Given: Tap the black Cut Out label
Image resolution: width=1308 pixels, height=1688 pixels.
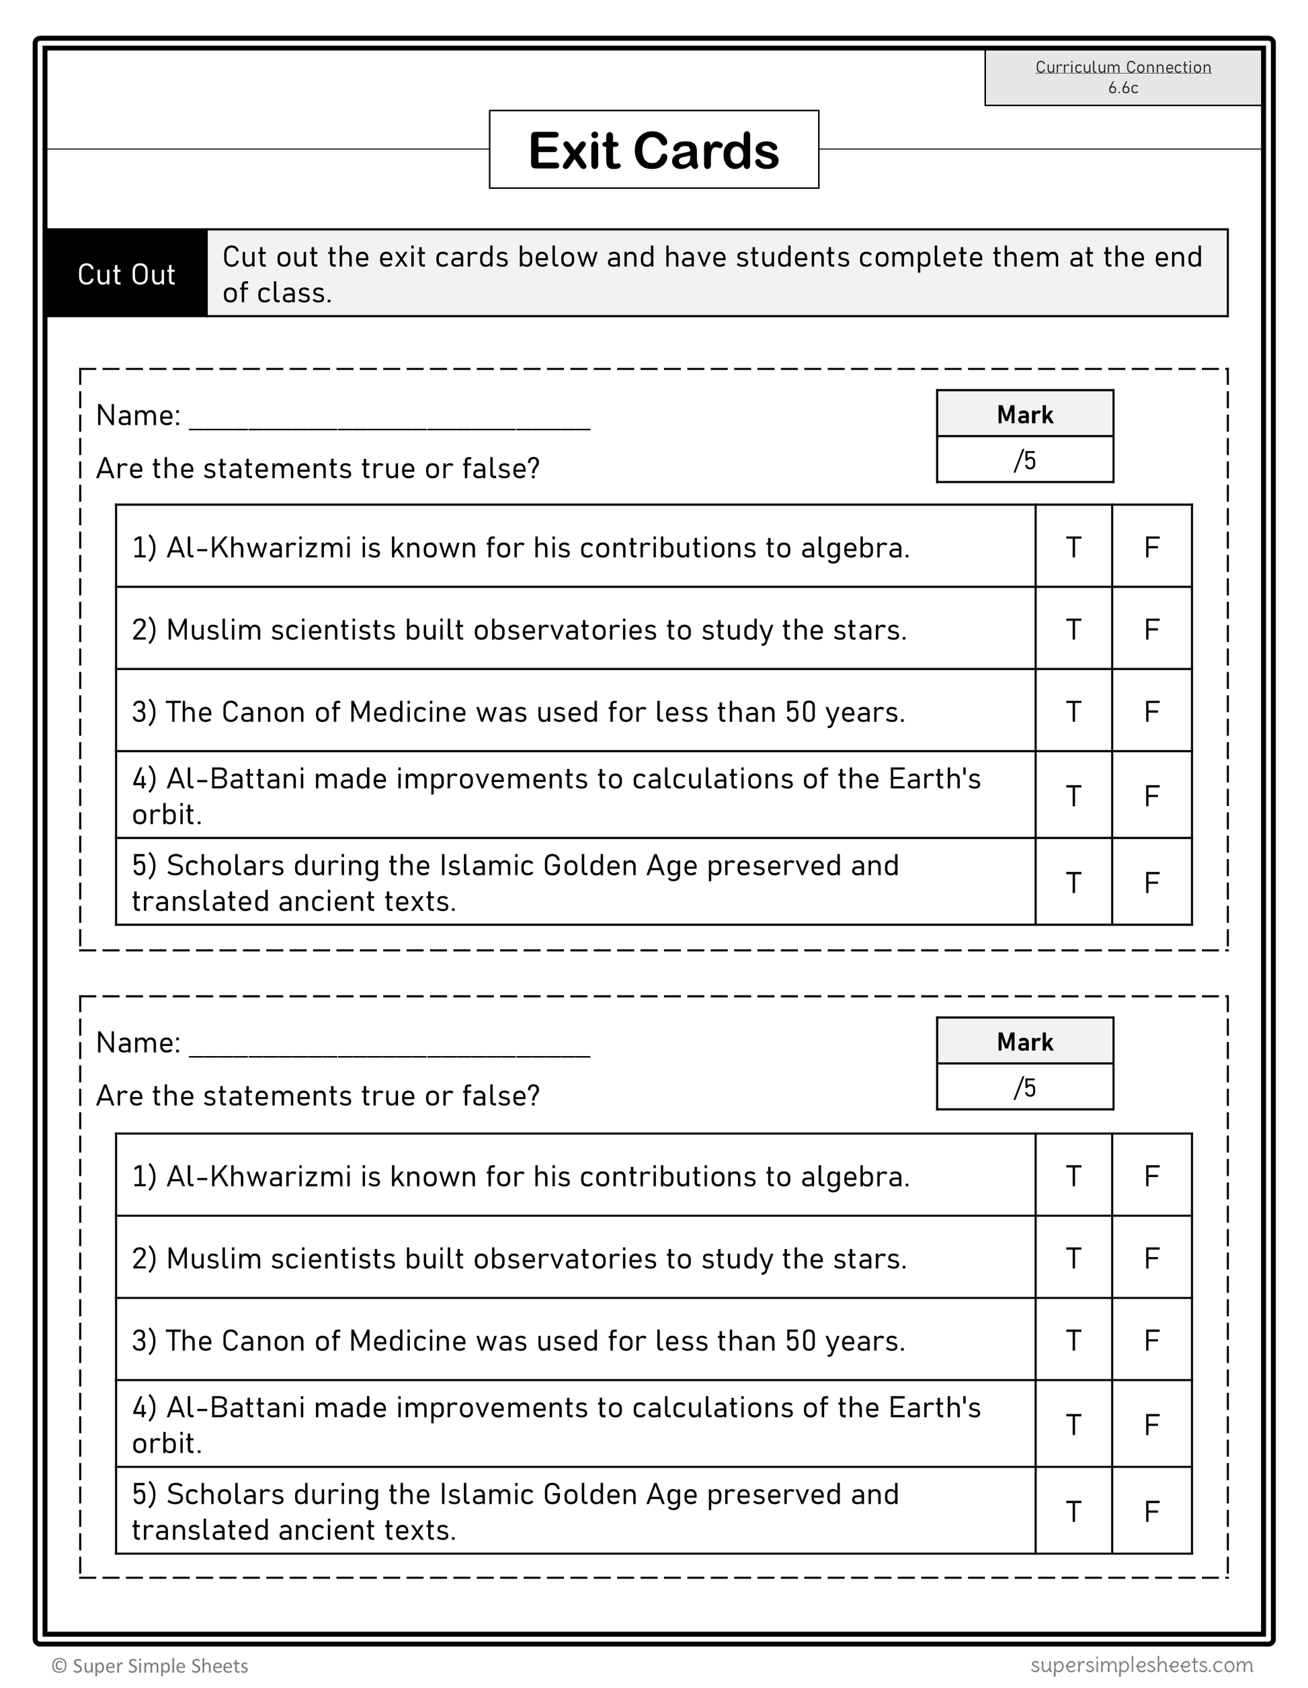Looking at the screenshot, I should [x=127, y=274].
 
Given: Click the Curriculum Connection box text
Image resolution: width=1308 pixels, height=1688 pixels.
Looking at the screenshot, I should [x=1122, y=77].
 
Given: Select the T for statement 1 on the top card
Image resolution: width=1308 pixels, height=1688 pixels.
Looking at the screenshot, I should [x=1073, y=547].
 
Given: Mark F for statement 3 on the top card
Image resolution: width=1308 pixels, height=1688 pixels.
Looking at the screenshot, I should [x=1151, y=711].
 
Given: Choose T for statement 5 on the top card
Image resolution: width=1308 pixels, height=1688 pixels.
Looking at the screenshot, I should [x=1073, y=882].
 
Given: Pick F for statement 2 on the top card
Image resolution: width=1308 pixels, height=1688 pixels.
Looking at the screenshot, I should [x=1151, y=629].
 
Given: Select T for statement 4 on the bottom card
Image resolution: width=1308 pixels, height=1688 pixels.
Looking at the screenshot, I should [x=1073, y=1424].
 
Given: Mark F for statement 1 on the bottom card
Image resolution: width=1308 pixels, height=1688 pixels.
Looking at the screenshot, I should [x=1151, y=1176].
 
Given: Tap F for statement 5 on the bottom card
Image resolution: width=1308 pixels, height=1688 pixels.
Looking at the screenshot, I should [x=1151, y=1511].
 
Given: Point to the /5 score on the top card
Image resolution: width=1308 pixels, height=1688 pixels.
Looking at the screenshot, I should [x=1024, y=460].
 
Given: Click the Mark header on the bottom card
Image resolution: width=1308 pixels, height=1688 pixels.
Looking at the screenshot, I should [x=1024, y=1042].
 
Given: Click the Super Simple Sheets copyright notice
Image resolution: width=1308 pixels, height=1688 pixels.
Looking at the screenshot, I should [x=150, y=1666].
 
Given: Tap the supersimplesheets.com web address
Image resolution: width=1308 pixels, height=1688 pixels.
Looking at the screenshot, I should [x=1141, y=1664].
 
